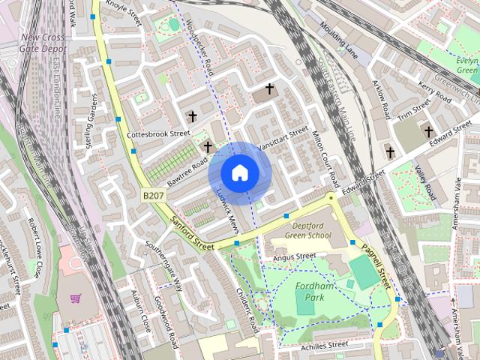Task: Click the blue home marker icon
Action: pos(239,172)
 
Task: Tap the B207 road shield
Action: pos(153,195)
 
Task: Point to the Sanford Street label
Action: pos(193,234)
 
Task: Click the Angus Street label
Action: pos(295,257)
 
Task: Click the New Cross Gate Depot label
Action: pos(44,43)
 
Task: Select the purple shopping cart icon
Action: pos(76,298)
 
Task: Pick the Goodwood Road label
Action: pos(165,322)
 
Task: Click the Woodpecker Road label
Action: pos(200,43)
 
